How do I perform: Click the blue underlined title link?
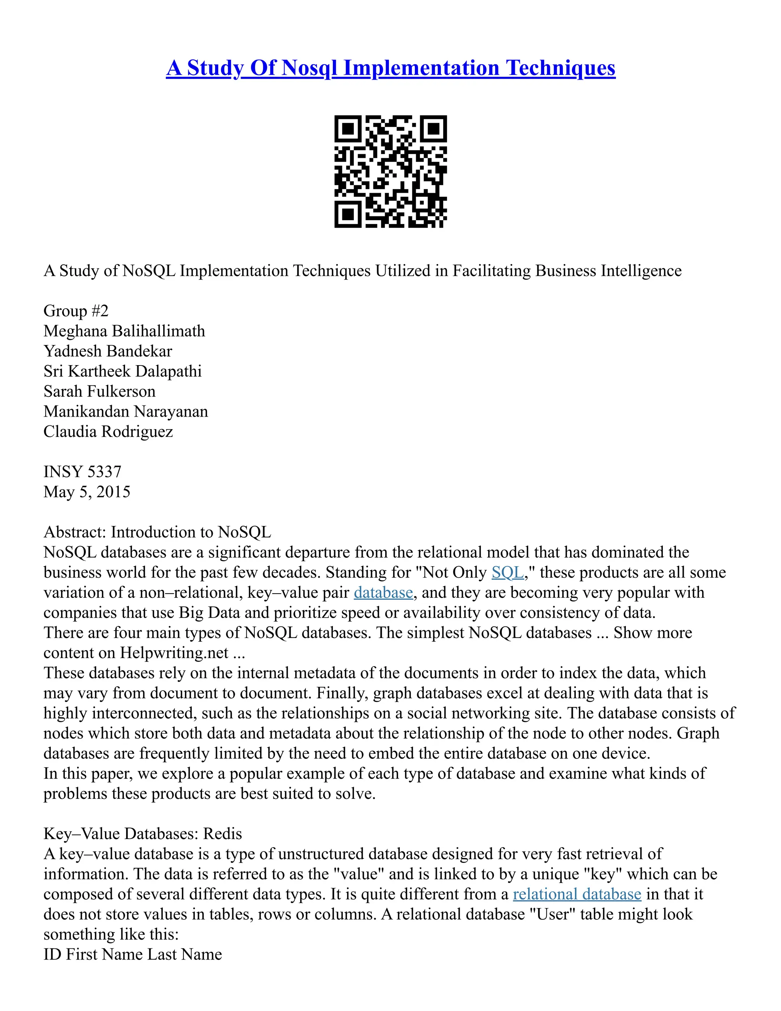pyautogui.click(x=390, y=68)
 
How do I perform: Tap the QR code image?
pyautogui.click(x=390, y=171)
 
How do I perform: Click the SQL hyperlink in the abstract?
pyautogui.click(x=507, y=573)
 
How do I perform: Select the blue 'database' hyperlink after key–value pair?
pyautogui.click(x=383, y=592)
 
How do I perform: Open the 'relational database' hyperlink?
pyautogui.click(x=577, y=894)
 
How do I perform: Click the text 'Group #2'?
pyautogui.click(x=76, y=311)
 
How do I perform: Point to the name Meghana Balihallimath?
pyautogui.click(x=124, y=331)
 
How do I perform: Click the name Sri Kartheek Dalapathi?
pyautogui.click(x=123, y=371)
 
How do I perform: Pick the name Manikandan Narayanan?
pyautogui.click(x=125, y=412)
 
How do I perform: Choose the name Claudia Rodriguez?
pyautogui.click(x=108, y=431)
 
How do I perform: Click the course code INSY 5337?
pyautogui.click(x=82, y=472)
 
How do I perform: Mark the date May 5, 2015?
pyautogui.click(x=87, y=492)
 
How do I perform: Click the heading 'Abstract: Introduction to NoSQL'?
pyautogui.click(x=157, y=532)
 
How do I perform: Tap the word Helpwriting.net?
pyautogui.click(x=174, y=653)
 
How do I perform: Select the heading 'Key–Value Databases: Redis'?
pyautogui.click(x=143, y=834)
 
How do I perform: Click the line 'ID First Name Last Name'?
pyautogui.click(x=132, y=954)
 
